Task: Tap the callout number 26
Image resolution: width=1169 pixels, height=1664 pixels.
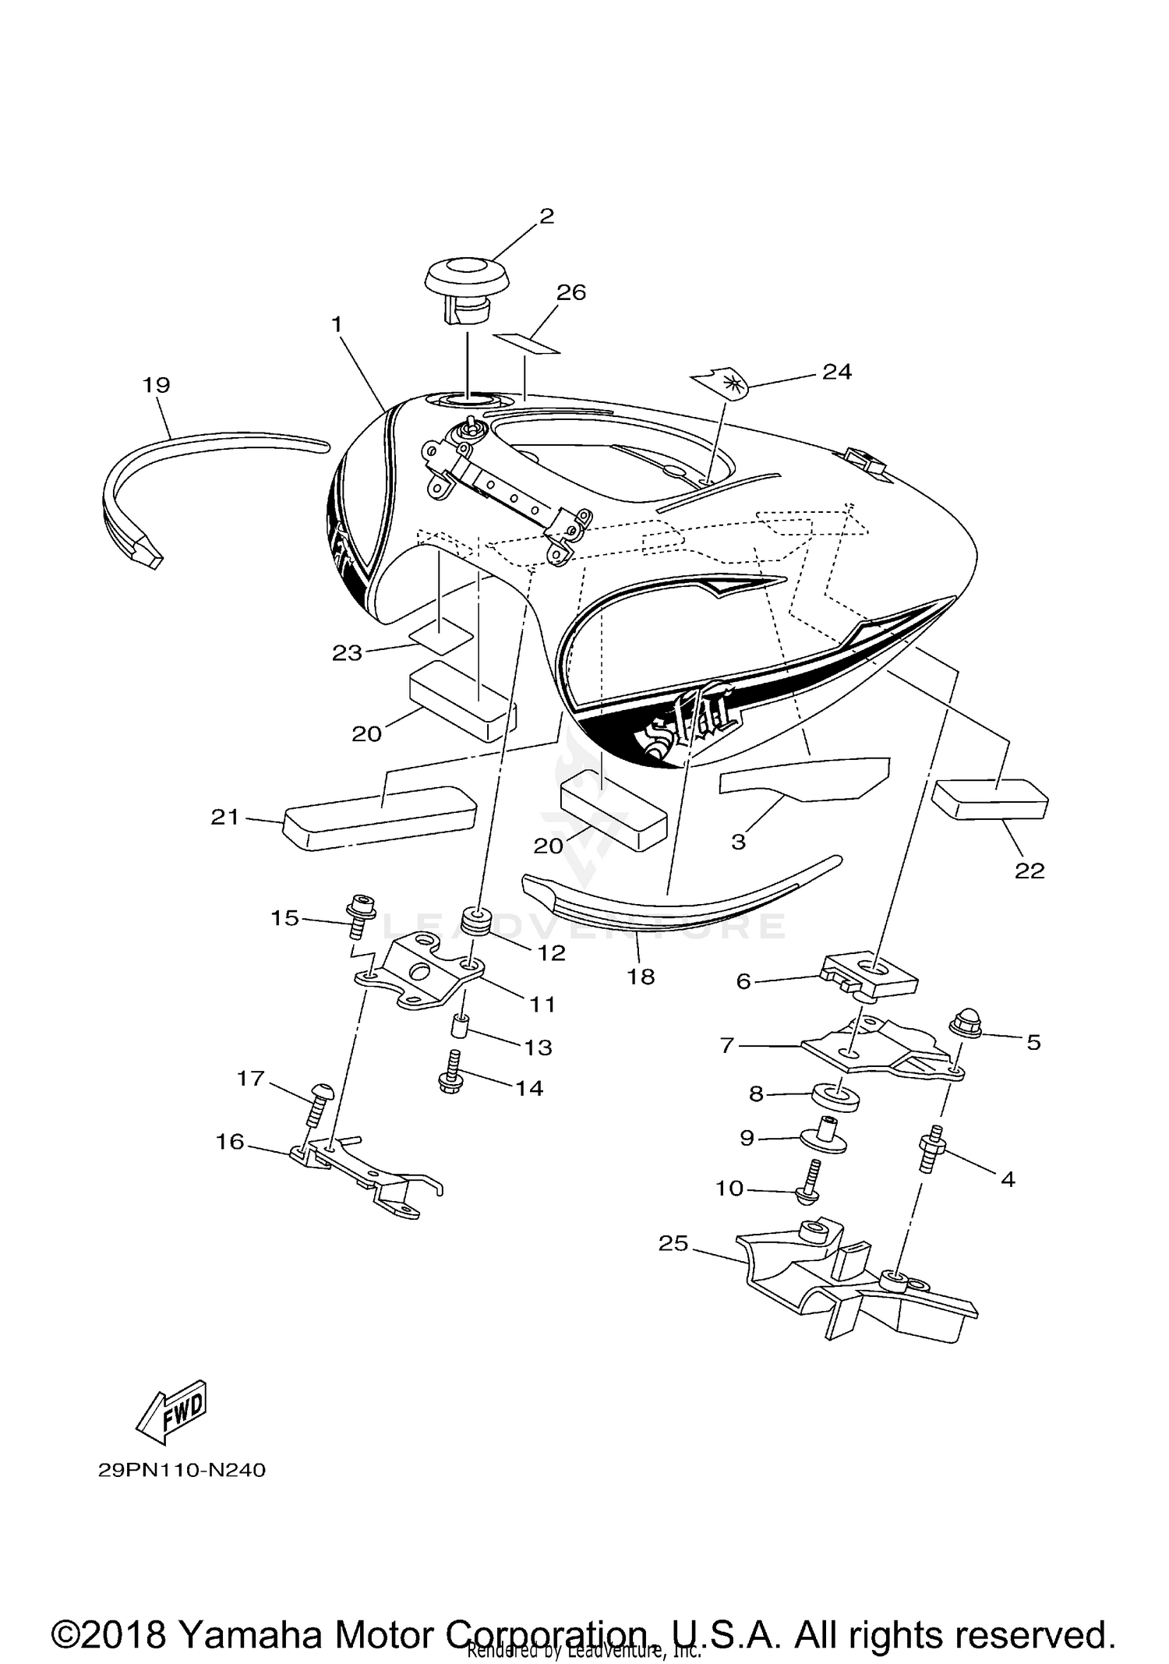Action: click(570, 293)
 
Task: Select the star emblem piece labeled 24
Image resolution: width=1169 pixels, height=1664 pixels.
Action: click(719, 383)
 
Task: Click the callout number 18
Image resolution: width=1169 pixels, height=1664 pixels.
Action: click(641, 977)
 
